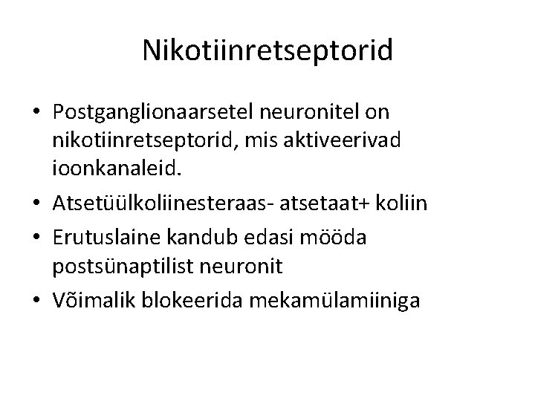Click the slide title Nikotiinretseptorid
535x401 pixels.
[267, 50]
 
